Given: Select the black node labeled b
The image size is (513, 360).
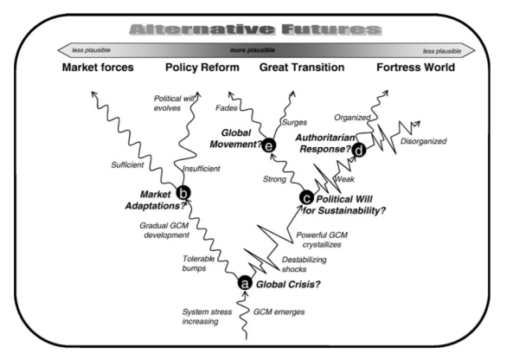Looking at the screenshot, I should click(x=183, y=196).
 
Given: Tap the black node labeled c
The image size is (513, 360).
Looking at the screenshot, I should click(x=305, y=198).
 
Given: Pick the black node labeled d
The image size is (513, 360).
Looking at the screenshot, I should click(x=358, y=151).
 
